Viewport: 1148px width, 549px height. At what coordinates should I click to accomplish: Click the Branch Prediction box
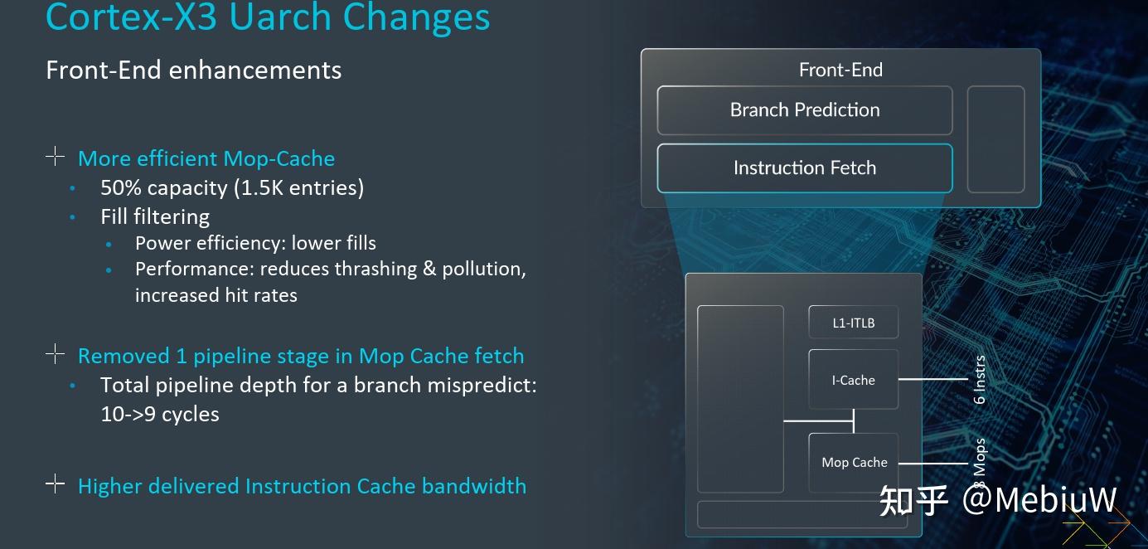[804, 110]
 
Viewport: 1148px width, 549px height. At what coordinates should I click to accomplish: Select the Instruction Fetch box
[804, 168]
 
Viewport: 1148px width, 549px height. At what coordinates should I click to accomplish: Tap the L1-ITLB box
[853, 323]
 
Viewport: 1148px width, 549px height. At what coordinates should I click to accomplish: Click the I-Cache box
[853, 380]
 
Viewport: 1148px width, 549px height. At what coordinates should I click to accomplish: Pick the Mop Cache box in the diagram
[854, 463]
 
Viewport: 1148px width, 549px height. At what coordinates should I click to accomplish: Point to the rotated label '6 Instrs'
[980, 380]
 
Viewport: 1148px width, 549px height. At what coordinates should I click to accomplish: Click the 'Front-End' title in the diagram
[840, 70]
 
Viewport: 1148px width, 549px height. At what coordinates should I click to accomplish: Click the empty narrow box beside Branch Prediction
[995, 139]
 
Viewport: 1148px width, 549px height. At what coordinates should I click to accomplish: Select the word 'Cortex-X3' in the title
[124, 17]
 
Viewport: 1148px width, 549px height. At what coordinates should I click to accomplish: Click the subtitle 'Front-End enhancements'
[193, 70]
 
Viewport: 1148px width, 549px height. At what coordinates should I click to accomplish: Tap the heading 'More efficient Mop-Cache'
[206, 158]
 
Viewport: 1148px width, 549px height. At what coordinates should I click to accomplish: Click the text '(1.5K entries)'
[298, 187]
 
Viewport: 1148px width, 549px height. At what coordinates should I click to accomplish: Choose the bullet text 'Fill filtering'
[155, 216]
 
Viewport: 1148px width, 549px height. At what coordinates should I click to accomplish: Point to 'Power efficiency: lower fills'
[255, 243]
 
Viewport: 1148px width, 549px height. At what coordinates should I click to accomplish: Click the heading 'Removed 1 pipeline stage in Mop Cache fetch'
[300, 356]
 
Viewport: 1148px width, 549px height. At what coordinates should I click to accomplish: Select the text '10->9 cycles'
[160, 414]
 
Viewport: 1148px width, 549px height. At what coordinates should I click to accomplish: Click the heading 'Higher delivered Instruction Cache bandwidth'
[302, 486]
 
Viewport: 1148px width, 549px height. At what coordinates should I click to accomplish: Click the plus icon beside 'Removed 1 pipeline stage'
[55, 355]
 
